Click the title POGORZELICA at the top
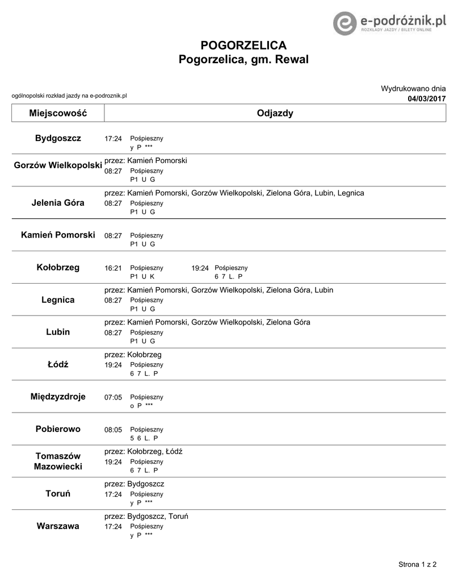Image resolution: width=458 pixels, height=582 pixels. [x=243, y=45]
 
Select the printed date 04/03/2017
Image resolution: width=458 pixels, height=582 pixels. [x=427, y=99]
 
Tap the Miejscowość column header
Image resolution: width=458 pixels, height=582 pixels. [x=58, y=113]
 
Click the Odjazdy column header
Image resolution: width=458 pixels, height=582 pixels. [x=275, y=113]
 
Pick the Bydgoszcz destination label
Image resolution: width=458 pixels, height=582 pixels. [x=58, y=138]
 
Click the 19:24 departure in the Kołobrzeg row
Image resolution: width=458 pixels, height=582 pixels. [x=200, y=268]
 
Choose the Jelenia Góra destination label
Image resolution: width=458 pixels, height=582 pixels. [x=58, y=203]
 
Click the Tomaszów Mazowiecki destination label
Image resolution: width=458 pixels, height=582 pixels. [x=58, y=461]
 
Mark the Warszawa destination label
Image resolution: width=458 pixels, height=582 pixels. [x=58, y=526]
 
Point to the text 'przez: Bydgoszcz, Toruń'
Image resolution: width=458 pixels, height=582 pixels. [x=146, y=516]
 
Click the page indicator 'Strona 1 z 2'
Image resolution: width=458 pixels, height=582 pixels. [x=418, y=564]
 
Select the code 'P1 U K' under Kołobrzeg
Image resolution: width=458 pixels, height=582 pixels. [x=142, y=276]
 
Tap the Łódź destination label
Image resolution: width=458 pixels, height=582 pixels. [x=58, y=364]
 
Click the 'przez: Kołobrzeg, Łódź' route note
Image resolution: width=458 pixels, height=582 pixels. [x=144, y=451]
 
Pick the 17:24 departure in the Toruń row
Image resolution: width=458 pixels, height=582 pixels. [x=114, y=494]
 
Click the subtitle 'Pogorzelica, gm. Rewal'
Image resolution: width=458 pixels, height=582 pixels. [x=243, y=59]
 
